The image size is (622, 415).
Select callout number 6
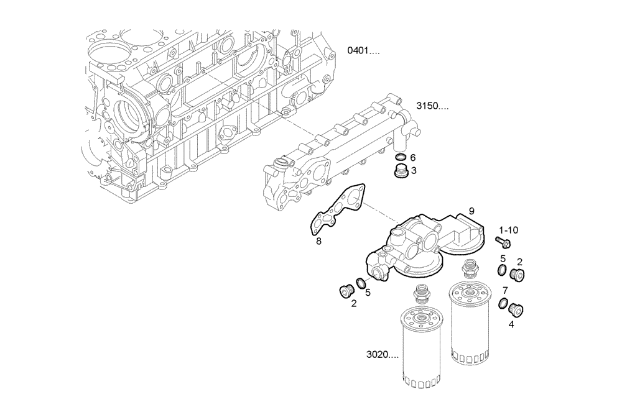tap(412, 158)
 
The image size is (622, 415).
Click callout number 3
tap(414, 170)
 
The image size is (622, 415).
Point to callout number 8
tap(318, 241)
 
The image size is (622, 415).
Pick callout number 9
tap(471, 211)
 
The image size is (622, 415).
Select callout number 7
tap(505, 290)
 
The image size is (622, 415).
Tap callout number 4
tap(511, 323)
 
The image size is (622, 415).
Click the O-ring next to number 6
tap(400, 157)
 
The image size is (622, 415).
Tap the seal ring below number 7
tap(504, 304)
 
